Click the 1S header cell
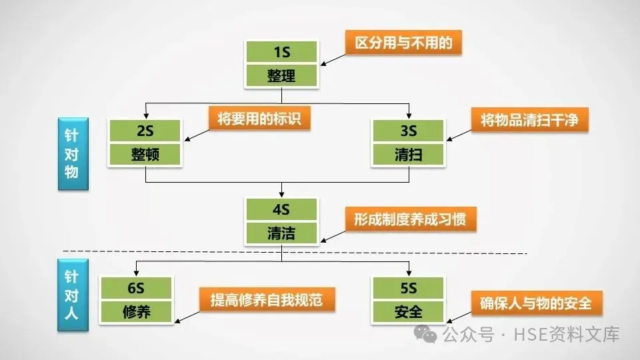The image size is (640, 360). tap(281, 52)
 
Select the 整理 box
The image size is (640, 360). tap(281, 75)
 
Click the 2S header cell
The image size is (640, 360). tap(145, 131)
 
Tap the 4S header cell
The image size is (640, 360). tap(281, 209)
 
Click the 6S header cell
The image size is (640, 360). tap(137, 288)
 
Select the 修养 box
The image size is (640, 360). tap(137, 311)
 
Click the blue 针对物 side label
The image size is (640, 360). tap(71, 155)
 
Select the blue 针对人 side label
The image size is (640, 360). tap(71, 294)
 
